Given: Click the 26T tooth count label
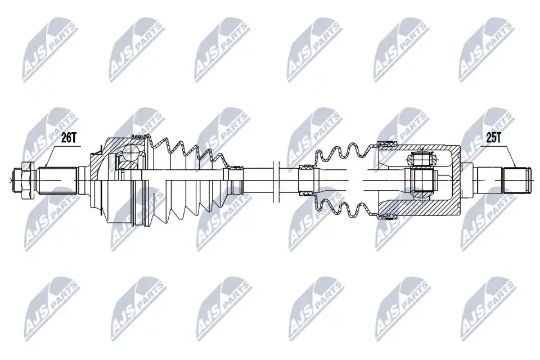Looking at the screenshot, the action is (x=68, y=138).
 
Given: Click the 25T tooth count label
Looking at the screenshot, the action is (x=493, y=138).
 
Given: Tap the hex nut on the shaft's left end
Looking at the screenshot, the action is (x=27, y=179).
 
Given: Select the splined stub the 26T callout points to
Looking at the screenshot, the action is (x=57, y=180).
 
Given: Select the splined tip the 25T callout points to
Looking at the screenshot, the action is (x=516, y=180).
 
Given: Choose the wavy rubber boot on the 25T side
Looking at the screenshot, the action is (x=344, y=180).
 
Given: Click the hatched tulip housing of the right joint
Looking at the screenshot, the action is (x=420, y=180).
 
